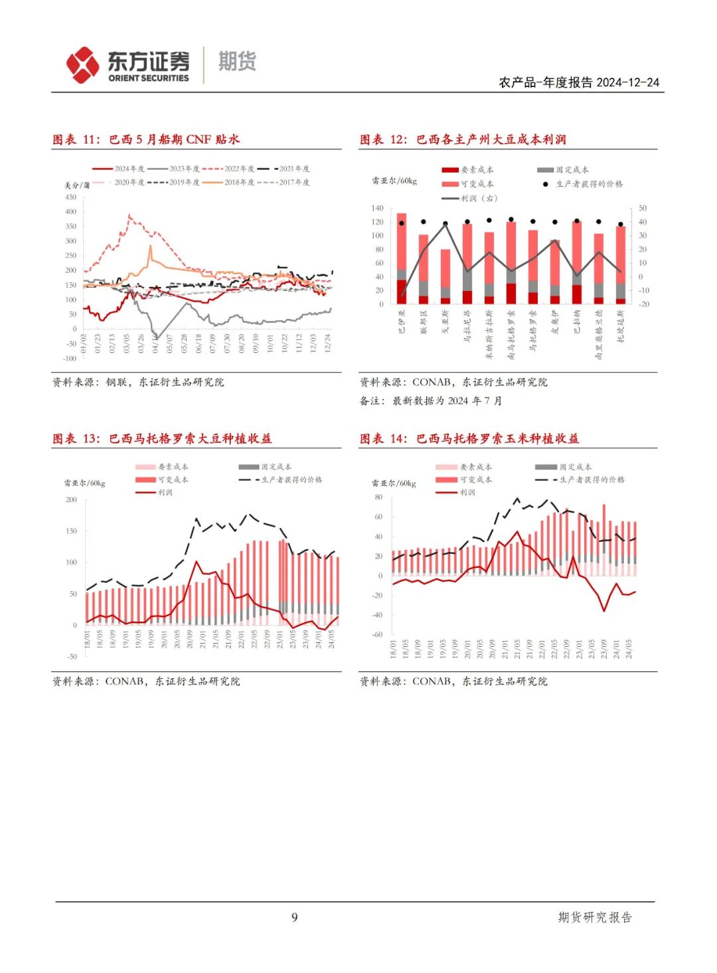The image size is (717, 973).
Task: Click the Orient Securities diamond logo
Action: [x=83, y=65]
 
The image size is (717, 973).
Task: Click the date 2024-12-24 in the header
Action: [x=627, y=82]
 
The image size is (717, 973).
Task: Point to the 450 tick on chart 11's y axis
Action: [x=70, y=197]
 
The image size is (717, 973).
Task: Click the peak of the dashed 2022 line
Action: [x=129, y=215]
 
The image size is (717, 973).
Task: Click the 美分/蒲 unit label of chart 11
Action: [x=77, y=185]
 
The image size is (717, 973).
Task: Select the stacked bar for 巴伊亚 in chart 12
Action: [x=402, y=259]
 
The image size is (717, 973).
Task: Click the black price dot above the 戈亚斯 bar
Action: [x=445, y=224]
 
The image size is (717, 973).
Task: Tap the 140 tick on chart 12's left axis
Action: [x=377, y=209]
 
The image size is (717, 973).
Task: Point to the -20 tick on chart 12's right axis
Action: [x=642, y=304]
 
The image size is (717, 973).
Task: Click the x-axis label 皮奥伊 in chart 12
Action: [x=555, y=322]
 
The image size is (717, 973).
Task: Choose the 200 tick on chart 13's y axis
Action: [x=71, y=499]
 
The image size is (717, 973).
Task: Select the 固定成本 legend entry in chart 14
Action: [x=575, y=467]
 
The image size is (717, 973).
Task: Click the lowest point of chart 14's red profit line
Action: [x=604, y=611]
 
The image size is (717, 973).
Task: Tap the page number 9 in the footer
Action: [x=294, y=917]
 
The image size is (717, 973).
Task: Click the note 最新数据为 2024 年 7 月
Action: [x=447, y=400]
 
